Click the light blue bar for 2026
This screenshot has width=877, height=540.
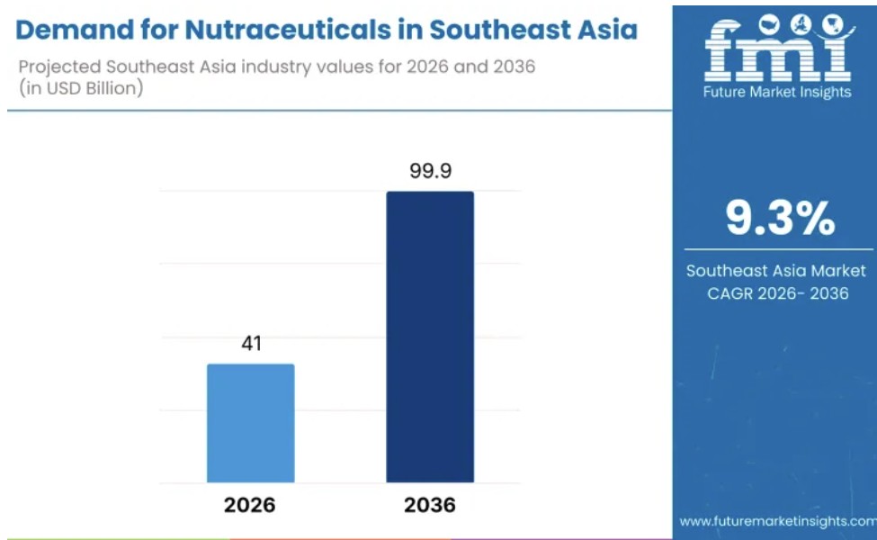[x=251, y=423]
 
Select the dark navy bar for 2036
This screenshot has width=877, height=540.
[x=430, y=337]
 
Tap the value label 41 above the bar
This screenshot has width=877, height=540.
[x=251, y=343]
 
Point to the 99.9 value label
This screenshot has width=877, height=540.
[x=430, y=171]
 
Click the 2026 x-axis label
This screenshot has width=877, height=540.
[x=249, y=505]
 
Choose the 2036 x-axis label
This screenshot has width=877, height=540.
[x=430, y=505]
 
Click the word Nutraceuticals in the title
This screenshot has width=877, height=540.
[x=288, y=30]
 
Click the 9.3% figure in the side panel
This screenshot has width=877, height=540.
[x=780, y=218]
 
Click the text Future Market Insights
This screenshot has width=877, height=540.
[x=777, y=92]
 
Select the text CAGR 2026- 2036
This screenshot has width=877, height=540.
[x=777, y=293]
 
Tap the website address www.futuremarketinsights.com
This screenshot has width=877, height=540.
[x=778, y=521]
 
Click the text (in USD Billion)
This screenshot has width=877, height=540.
[x=81, y=88]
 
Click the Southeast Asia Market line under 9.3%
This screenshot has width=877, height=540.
[x=775, y=271]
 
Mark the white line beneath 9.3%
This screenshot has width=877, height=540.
[x=778, y=249]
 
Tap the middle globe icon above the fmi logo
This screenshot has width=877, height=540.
[x=801, y=24]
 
